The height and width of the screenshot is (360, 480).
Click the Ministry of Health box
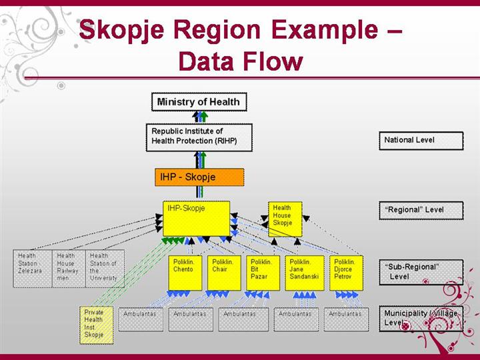click(198, 102)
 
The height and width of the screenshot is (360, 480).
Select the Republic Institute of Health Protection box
click(199, 137)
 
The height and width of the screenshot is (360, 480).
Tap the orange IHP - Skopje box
click(199, 177)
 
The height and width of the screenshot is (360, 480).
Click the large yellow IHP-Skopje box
click(196, 219)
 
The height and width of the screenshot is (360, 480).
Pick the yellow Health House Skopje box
click(285, 219)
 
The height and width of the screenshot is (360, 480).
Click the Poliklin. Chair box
click(224, 272)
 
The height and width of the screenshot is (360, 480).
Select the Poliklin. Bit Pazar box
click(263, 272)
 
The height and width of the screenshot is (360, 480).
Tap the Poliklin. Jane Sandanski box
click(304, 272)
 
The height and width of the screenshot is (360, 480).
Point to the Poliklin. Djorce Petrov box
click(346, 272)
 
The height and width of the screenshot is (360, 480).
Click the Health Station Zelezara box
click(33, 268)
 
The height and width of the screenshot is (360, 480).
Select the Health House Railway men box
click(69, 268)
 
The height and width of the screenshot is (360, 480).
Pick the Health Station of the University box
click(105, 268)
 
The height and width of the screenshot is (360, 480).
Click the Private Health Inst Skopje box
click(96, 324)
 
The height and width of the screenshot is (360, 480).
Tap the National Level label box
click(421, 141)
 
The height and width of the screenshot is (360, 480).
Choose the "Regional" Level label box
click(421, 210)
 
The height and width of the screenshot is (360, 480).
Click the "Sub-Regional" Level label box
click(421, 271)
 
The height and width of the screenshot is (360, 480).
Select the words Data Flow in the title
click(241, 62)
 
